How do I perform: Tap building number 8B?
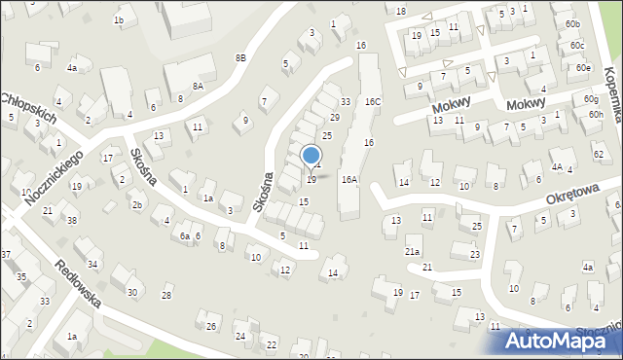coord(240,58)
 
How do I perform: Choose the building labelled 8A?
coord(198,86)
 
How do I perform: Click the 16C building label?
coord(373,101)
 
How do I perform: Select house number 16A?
coord(349,179)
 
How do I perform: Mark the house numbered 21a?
coord(413,250)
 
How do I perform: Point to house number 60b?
coord(571,23)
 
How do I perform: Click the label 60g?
coord(592,99)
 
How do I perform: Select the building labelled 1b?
coord(119,19)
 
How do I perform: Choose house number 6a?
coord(184,236)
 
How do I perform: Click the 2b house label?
coord(137,204)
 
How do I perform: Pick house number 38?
coord(72,220)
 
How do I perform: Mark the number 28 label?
coord(166,295)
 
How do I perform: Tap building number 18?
coord(401,11)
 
